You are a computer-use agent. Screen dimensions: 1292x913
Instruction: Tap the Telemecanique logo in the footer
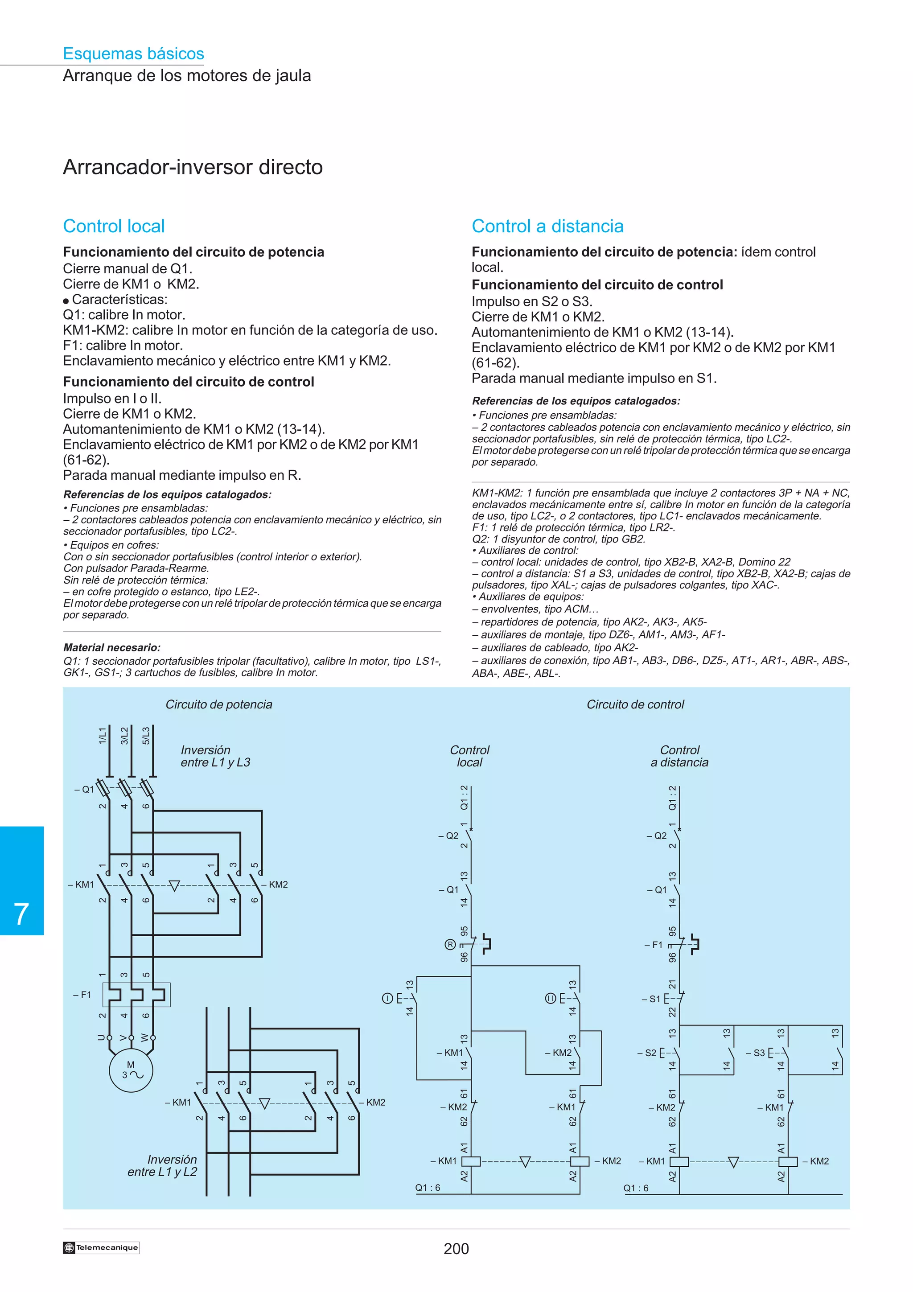coord(101,1247)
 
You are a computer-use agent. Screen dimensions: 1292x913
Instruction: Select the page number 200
coord(456,1249)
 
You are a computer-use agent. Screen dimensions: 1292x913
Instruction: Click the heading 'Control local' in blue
coord(114,226)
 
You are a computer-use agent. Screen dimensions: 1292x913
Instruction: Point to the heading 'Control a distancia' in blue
coord(547,226)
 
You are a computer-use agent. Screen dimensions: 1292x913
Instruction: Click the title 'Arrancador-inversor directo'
coord(193,167)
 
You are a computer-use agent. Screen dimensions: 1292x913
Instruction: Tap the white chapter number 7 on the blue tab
coord(21,914)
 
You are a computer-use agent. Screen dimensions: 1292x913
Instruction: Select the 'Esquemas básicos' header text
coord(133,53)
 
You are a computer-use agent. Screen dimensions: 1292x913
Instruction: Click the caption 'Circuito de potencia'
coord(219,704)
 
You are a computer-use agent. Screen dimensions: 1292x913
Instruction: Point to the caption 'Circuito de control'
coord(635,704)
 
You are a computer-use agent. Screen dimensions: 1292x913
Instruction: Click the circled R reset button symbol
coord(450,945)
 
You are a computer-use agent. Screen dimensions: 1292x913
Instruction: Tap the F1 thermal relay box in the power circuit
coord(136,994)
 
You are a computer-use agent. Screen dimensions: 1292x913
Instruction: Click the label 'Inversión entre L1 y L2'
coord(163,1165)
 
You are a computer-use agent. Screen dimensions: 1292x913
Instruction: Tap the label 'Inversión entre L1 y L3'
coord(215,756)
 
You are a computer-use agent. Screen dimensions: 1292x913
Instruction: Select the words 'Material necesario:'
coord(112,648)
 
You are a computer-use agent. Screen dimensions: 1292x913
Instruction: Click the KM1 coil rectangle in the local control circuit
coord(471,1161)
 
